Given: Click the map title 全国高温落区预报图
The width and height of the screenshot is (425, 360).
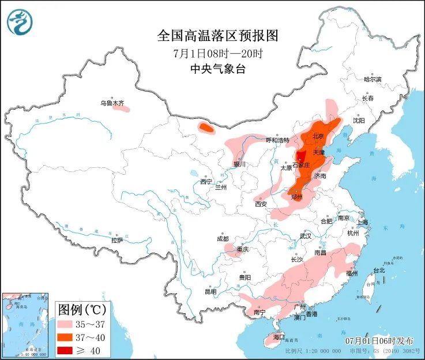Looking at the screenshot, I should (x=217, y=36).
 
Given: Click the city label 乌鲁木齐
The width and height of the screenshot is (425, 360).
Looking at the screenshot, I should (x=112, y=103).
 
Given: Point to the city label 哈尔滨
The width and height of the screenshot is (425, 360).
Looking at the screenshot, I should (x=373, y=79).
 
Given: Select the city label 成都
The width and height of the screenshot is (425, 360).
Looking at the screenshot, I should (x=222, y=239).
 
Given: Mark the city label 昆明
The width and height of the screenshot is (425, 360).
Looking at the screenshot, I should (x=210, y=291).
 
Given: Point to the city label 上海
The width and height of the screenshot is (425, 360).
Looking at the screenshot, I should (x=362, y=222).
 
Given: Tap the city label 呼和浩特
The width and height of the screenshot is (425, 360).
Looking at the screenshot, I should (x=277, y=140).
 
